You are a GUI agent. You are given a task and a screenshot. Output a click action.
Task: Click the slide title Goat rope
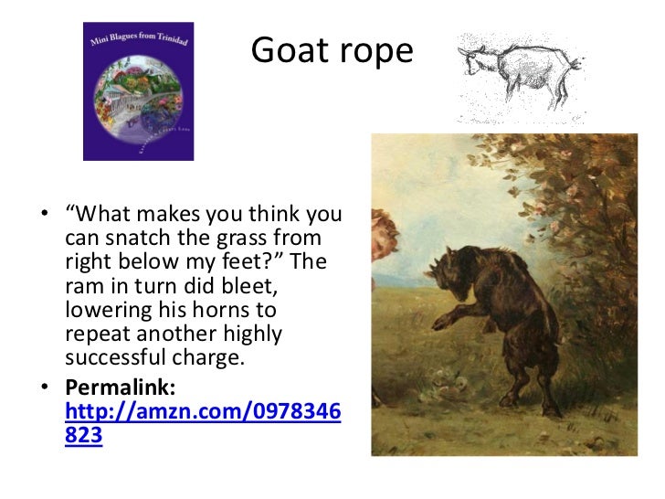pos(332,51)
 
